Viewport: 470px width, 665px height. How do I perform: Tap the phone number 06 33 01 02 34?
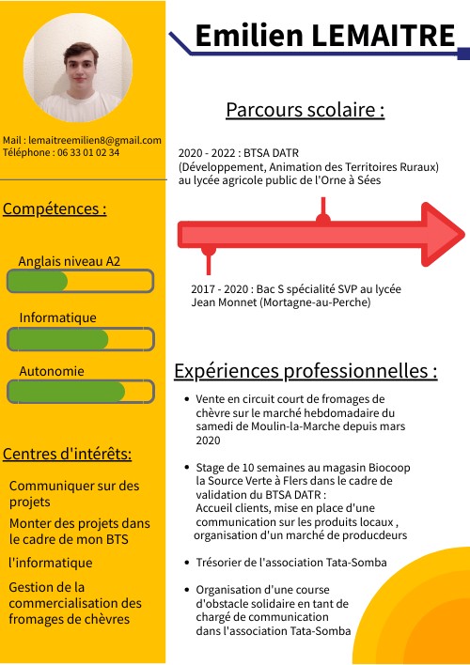click(x=88, y=152)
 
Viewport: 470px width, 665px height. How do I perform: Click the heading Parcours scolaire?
click(x=305, y=110)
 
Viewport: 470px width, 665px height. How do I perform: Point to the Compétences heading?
click(x=55, y=208)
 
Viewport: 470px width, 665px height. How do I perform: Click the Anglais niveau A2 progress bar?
click(x=80, y=281)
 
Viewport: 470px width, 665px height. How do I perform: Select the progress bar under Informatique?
click(x=80, y=339)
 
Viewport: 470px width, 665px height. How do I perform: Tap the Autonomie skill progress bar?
click(x=80, y=392)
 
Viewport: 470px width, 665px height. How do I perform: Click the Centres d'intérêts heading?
click(x=68, y=455)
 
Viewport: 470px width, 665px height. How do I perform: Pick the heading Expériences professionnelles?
click(x=305, y=371)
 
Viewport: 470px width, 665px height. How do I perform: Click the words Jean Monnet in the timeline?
click(x=222, y=303)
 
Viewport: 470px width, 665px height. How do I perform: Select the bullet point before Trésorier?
click(x=188, y=563)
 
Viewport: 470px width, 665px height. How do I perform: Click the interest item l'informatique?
click(x=51, y=564)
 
